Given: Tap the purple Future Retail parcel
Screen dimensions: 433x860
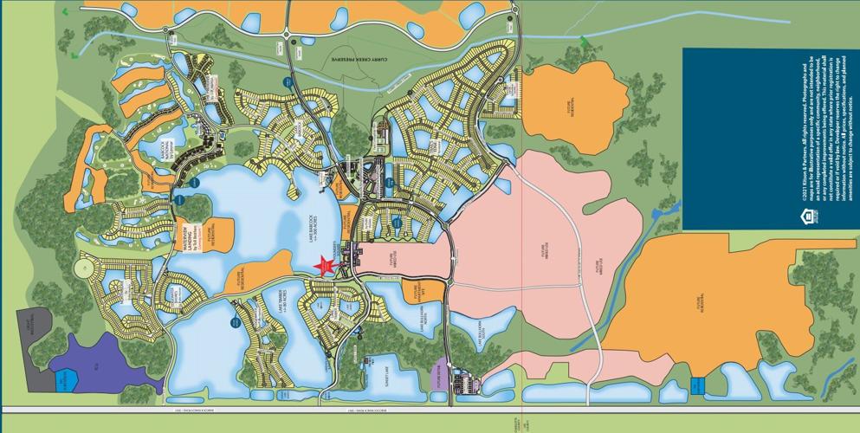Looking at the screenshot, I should [x=441, y=374].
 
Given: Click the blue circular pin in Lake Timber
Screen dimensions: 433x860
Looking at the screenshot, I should [x=235, y=321].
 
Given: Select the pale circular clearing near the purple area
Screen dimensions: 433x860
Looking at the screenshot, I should [x=84, y=268].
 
